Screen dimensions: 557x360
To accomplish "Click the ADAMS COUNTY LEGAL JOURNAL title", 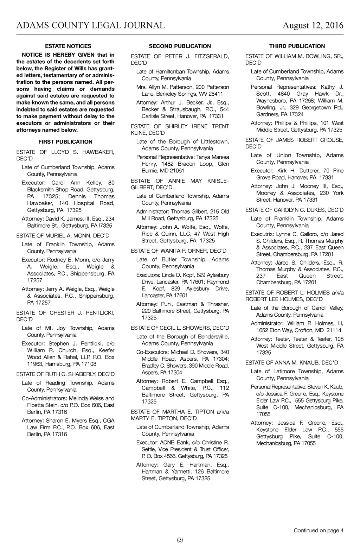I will tap(90, 25).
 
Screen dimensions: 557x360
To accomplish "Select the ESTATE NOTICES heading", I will tap(68, 46).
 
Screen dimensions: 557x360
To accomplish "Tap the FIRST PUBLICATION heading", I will tap(65, 142).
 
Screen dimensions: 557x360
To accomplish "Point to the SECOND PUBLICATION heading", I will tap(180, 46).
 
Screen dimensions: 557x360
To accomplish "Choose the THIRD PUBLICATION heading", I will tap(297, 46).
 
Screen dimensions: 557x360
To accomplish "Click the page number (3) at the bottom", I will tap(180, 540).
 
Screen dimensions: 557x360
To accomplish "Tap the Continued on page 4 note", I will tap(319, 531).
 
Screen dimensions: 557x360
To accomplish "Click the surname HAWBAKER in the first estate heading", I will tap(98, 152).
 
